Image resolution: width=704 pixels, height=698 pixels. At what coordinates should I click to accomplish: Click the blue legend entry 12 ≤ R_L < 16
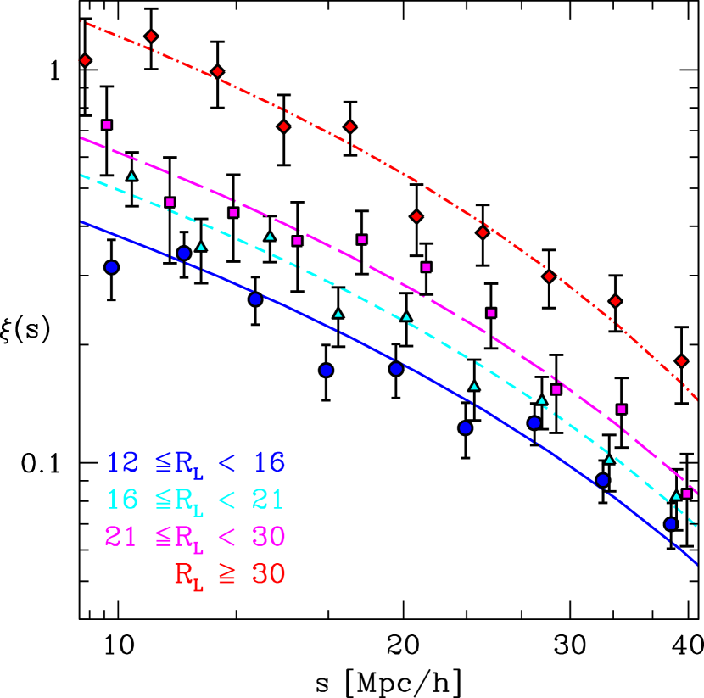[x=196, y=463]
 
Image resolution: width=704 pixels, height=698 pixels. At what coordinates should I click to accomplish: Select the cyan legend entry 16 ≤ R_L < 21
[x=196, y=500]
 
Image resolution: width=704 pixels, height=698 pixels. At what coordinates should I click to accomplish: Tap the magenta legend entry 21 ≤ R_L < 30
[x=195, y=537]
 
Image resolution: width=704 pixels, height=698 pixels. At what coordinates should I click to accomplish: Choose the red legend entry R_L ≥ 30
[x=230, y=574]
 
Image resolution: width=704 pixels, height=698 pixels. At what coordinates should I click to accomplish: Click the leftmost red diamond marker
[x=85, y=60]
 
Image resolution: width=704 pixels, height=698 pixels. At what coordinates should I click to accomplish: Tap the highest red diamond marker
[x=151, y=36]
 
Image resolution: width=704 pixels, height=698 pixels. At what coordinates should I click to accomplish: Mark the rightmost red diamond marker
[x=681, y=361]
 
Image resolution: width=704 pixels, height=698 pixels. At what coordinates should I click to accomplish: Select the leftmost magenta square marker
[x=107, y=125]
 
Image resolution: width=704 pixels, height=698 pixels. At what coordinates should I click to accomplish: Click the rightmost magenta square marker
[x=687, y=494]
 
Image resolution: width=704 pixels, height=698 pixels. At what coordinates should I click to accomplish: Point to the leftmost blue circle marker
[x=111, y=267]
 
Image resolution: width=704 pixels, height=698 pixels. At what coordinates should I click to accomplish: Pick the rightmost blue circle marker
[x=671, y=524]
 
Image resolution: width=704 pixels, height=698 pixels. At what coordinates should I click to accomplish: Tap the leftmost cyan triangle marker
[x=131, y=176]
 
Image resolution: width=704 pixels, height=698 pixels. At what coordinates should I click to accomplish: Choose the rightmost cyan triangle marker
[x=676, y=496]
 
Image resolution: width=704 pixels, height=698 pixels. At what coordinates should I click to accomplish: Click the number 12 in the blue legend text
[x=122, y=463]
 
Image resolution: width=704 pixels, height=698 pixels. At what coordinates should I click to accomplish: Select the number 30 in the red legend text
[x=268, y=574]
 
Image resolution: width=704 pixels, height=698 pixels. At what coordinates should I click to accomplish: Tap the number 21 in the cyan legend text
[x=267, y=500]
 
